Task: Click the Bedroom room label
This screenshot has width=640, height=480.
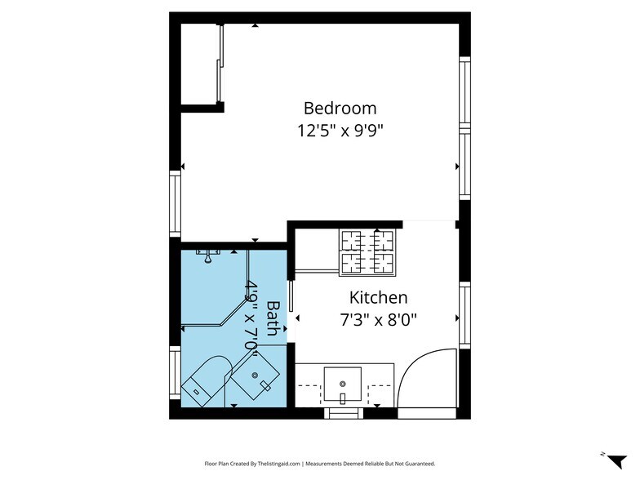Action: click(x=340, y=108)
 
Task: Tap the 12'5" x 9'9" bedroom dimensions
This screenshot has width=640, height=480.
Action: click(x=340, y=131)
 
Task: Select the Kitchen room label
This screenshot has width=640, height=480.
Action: click(x=379, y=297)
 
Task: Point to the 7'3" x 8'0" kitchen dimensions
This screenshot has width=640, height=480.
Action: click(x=379, y=320)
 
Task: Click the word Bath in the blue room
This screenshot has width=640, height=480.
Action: click(x=273, y=318)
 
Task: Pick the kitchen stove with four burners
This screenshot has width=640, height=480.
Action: click(x=367, y=253)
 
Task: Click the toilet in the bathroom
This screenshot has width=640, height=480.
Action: click(x=207, y=381)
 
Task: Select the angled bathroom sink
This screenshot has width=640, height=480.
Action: click(x=255, y=376)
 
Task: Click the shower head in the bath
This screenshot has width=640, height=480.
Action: click(x=208, y=256)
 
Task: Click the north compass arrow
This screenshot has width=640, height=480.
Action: click(x=616, y=460)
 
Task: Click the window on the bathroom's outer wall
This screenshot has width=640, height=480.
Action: click(x=175, y=373)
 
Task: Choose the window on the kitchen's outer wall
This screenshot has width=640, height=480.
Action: click(x=465, y=315)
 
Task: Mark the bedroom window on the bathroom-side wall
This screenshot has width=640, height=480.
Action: click(x=175, y=204)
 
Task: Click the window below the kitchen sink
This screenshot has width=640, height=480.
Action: click(x=343, y=413)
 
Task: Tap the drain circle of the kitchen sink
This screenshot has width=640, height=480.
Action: click(x=343, y=384)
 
